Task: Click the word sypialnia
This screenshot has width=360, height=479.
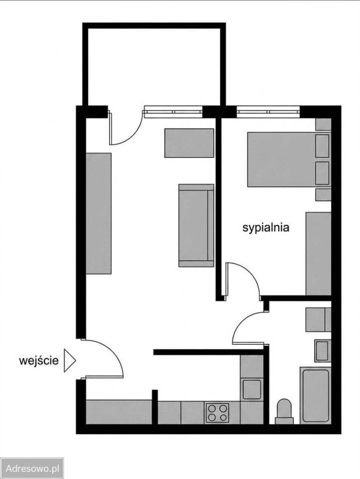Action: point(266,228)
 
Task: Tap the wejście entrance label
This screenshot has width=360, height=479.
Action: point(39,360)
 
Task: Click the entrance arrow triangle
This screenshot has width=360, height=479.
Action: point(70,360)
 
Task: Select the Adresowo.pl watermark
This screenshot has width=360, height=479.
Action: point(32,469)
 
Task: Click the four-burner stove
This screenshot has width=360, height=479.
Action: point(217,413)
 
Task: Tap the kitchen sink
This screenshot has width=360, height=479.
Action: point(252,389)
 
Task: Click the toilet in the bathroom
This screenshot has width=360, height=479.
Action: point(284,412)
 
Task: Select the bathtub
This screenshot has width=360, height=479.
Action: point(316,395)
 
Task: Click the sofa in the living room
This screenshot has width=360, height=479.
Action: point(196,226)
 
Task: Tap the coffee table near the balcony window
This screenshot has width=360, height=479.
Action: point(189,143)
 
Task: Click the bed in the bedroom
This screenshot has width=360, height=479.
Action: point(289,159)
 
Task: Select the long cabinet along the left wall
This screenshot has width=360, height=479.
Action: point(98,214)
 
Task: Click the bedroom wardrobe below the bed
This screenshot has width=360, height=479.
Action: point(319,254)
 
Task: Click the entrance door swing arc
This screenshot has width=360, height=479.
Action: point(112,351)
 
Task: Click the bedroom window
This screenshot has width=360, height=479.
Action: point(268,111)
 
